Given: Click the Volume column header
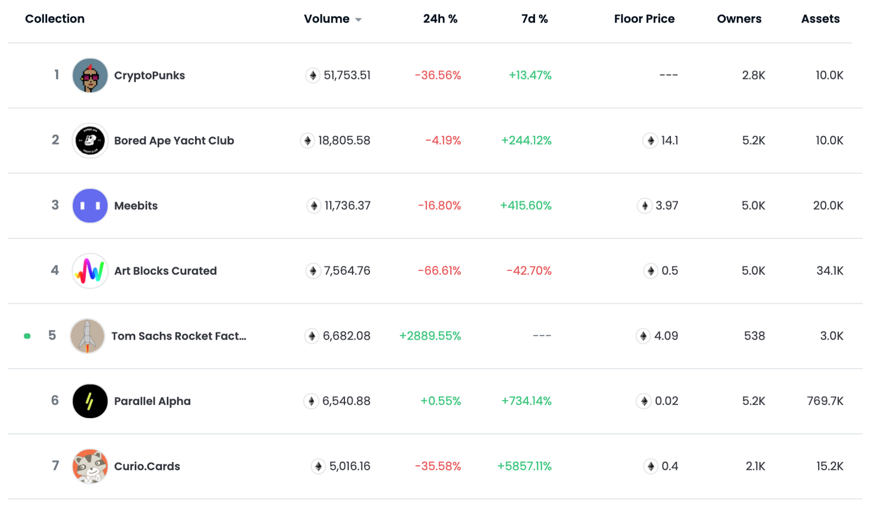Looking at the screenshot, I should coord(326,19).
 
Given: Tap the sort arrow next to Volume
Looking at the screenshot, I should coord(358,20).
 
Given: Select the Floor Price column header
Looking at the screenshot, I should coord(644,19).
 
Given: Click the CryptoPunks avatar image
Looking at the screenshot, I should coord(90,76).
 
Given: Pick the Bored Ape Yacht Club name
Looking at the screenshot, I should coord(174,141).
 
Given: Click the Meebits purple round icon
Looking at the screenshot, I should coord(90,206).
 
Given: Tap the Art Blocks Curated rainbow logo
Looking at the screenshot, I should coord(90,271).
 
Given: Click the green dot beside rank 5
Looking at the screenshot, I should coord(27,336).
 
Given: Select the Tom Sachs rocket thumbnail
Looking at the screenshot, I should coord(87,336).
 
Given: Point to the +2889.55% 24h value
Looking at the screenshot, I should coord(430,336).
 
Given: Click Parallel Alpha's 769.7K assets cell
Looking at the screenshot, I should coord(825,401).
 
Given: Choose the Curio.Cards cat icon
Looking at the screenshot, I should coord(90,466).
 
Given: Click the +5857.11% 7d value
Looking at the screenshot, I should coord(524,466).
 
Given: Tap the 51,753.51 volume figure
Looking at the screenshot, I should coord(347,76).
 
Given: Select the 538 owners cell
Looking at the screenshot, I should coord(754,336).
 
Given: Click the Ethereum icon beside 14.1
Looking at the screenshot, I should coord(650,141).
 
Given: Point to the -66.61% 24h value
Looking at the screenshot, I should coord(439,271).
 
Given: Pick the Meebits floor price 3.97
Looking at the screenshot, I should coord(666,206).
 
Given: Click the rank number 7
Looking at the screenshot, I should coord(55,466).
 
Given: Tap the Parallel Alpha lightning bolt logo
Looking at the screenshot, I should coord(90,401).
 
